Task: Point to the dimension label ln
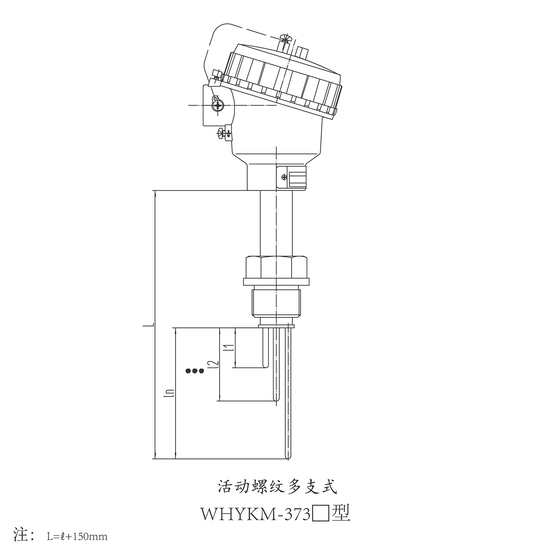[x=170, y=394]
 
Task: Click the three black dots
[x=195, y=370]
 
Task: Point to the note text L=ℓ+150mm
[x=77, y=536]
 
